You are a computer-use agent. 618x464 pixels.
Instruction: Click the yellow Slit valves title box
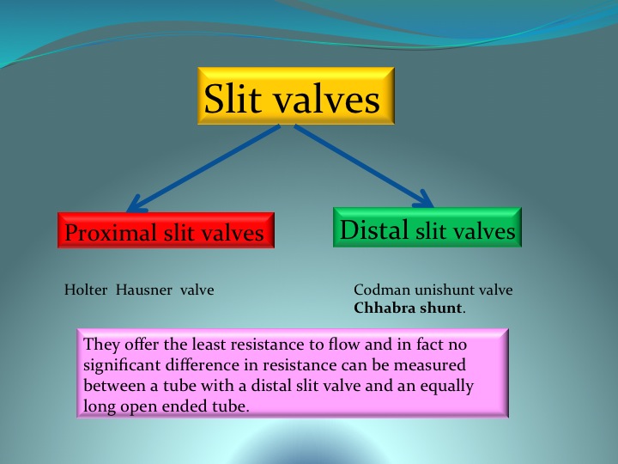(x=295, y=96)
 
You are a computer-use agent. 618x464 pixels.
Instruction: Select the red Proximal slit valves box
(x=166, y=230)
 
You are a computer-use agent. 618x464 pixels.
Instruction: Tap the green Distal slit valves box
(x=427, y=227)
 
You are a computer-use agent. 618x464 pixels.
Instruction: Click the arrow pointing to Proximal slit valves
(x=203, y=168)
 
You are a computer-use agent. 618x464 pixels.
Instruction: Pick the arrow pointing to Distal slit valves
(x=364, y=166)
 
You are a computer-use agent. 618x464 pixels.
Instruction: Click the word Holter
(x=86, y=290)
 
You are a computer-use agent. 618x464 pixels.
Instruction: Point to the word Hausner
(x=144, y=290)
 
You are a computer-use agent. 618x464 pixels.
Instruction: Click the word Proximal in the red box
(x=111, y=232)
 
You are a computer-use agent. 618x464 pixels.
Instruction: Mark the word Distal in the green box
(x=373, y=229)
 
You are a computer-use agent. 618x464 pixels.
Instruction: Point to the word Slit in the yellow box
(x=233, y=99)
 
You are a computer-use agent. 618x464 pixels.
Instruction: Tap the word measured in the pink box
(x=430, y=364)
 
